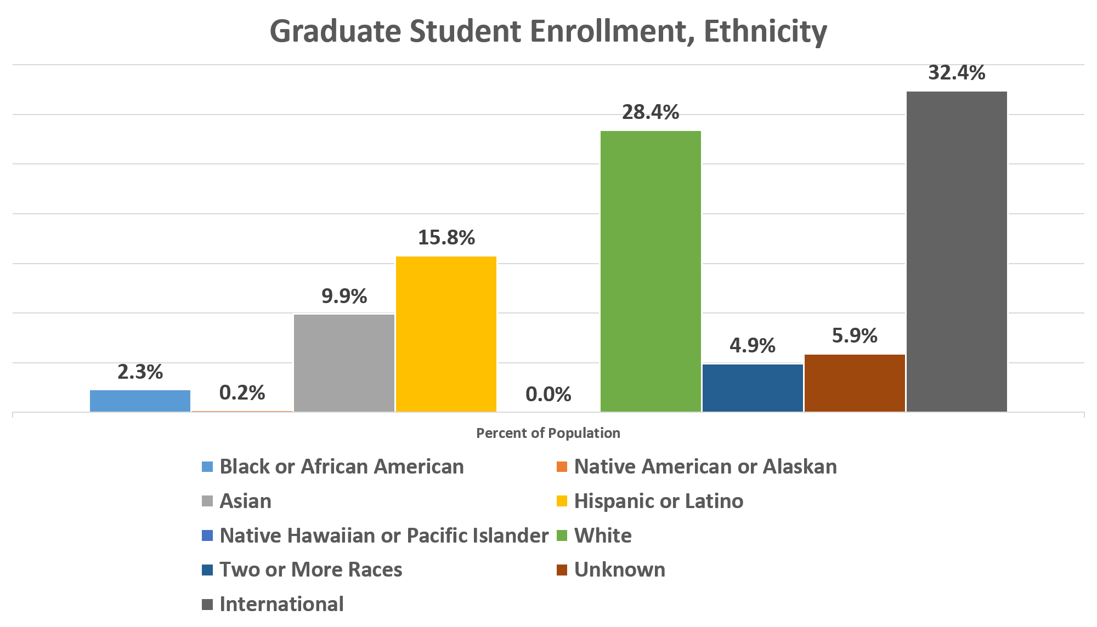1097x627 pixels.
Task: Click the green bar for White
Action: tap(651, 271)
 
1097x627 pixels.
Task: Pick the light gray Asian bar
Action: tap(344, 362)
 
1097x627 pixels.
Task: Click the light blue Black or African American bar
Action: tap(140, 400)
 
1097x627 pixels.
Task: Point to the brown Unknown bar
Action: tap(855, 383)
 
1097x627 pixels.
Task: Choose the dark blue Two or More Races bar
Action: tap(753, 387)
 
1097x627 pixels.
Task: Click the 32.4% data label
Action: tap(957, 73)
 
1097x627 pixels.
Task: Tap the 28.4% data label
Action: tap(651, 112)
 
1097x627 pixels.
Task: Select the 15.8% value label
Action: tap(446, 238)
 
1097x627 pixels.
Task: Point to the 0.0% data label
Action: tap(548, 394)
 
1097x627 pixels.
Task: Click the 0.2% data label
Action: tap(242, 392)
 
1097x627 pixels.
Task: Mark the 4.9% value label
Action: tap(753, 346)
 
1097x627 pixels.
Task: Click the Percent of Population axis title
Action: tap(548, 433)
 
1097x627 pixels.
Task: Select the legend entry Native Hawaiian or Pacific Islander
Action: tap(384, 535)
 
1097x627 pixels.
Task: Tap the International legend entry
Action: tap(281, 604)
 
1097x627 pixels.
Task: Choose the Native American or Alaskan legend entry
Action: tap(705, 466)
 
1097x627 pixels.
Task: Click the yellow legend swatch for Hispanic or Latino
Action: tap(562, 501)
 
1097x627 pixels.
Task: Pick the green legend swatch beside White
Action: tap(562, 535)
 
